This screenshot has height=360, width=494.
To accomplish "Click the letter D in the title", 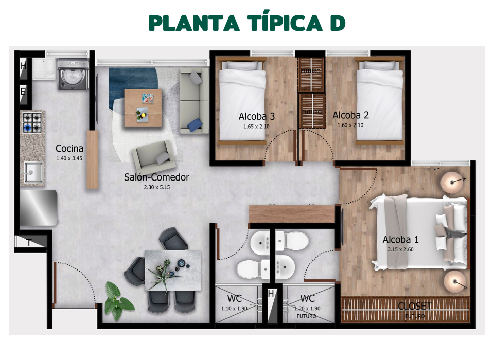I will coord(335,23).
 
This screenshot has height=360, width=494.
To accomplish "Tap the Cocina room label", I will coord(69,149).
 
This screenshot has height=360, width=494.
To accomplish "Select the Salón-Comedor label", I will coord(156,177).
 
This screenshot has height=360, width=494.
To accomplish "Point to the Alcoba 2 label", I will coord(350,115).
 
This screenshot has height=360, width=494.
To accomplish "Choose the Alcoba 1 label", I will coord(400,239).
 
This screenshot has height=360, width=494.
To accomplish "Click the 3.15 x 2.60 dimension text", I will coord(400,249).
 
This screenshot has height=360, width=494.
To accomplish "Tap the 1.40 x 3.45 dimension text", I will coord(69,158).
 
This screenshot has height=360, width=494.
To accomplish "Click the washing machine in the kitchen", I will coord(72,74).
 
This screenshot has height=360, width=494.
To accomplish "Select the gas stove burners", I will coord(32,122).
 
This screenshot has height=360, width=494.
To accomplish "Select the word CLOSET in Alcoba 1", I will coord(414,306).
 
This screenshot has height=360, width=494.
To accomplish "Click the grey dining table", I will coord(172,270).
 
